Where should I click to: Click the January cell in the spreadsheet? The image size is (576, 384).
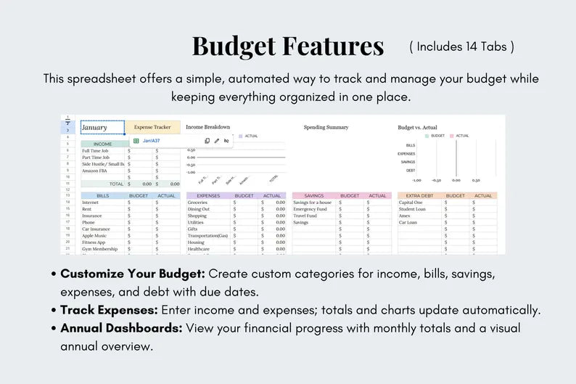pyautogui.click(x=102, y=128)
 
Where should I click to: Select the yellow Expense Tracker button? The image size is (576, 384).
pyautogui.click(x=152, y=128)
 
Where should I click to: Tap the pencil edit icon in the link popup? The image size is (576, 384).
pyautogui.click(x=216, y=141)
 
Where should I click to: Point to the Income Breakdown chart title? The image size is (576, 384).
pyautogui.click(x=207, y=127)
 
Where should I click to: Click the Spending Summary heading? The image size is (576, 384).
pyautogui.click(x=326, y=127)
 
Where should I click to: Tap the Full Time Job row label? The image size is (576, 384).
pyautogui.click(x=96, y=151)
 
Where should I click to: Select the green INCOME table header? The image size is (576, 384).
pyautogui.click(x=103, y=144)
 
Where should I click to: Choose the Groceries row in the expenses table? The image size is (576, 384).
pyautogui.click(x=198, y=203)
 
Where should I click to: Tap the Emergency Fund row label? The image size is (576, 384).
pyautogui.click(x=310, y=209)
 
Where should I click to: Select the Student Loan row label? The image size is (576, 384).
pyautogui.click(x=412, y=209)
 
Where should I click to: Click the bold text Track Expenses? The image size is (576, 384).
pyautogui.click(x=107, y=310)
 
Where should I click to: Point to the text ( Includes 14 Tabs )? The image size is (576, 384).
pyautogui.click(x=462, y=46)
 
